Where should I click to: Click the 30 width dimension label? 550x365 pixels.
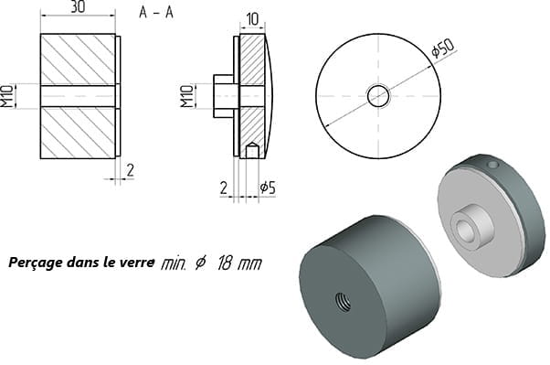click(x=78, y=6)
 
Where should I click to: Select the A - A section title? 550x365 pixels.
click(x=156, y=12)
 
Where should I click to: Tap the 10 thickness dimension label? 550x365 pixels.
click(x=252, y=19)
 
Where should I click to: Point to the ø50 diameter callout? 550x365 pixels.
click(x=443, y=48)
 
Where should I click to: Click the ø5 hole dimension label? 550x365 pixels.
click(x=268, y=188)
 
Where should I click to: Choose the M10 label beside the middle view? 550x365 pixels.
click(x=187, y=96)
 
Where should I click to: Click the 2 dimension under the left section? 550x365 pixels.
click(x=130, y=170)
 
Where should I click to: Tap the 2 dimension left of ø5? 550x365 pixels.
click(x=224, y=188)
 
